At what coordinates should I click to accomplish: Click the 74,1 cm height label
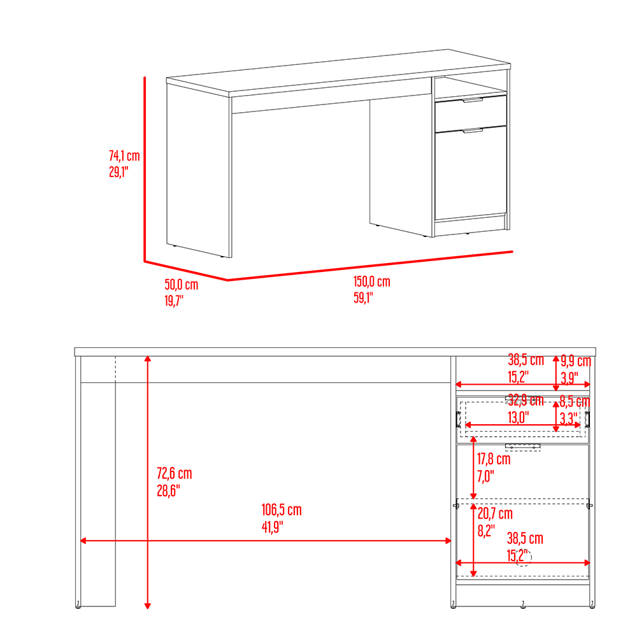click(124, 155)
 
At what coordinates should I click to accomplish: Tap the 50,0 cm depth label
click(181, 284)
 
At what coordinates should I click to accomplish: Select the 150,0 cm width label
click(372, 282)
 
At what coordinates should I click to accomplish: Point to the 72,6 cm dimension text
click(175, 473)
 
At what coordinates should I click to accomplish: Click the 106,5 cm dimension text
click(282, 510)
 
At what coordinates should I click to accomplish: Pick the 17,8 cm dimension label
click(494, 459)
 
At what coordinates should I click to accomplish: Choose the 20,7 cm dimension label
click(495, 513)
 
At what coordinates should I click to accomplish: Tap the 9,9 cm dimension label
click(576, 361)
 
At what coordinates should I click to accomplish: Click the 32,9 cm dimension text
click(526, 401)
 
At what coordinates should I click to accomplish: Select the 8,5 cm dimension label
click(575, 401)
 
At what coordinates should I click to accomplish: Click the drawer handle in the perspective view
click(473, 100)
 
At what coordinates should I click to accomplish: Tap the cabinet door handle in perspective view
click(473, 131)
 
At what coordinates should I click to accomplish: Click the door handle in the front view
click(523, 447)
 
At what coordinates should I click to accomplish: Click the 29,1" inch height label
click(118, 172)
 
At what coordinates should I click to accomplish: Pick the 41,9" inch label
click(272, 527)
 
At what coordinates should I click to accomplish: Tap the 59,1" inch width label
click(363, 297)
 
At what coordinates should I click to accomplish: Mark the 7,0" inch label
click(485, 476)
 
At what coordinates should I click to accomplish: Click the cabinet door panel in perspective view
click(471, 173)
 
